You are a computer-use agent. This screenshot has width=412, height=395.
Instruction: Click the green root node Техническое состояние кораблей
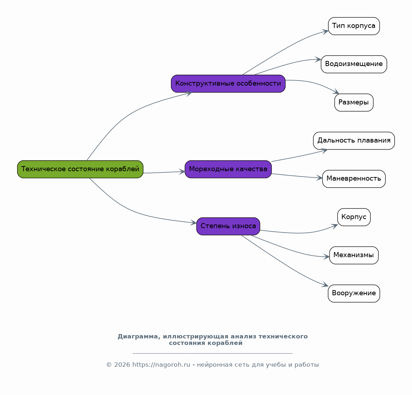80,169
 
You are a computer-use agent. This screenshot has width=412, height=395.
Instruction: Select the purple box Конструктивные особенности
228,83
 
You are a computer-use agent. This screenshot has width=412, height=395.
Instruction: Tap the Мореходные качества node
228,169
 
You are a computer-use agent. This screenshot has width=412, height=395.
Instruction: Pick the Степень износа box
228,226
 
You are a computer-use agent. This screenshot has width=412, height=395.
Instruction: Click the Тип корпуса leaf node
354,26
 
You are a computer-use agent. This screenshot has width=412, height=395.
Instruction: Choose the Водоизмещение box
354,64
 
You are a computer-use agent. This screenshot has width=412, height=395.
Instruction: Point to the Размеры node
354,103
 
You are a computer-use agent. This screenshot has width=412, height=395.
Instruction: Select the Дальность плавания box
354,141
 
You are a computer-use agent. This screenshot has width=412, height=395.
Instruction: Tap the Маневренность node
354,179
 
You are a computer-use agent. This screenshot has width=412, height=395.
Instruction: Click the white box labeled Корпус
354,217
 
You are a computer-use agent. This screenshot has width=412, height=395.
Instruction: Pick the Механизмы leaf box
354,255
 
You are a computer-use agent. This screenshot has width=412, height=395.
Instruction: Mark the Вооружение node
354,293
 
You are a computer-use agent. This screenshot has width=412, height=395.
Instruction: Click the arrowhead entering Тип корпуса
326,32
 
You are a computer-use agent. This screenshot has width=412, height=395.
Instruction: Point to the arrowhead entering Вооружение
326,285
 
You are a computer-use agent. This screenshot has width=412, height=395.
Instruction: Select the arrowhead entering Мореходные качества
182,172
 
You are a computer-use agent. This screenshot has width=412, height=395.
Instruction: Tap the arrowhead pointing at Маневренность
320,178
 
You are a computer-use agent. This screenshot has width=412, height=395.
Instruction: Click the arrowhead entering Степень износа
194,223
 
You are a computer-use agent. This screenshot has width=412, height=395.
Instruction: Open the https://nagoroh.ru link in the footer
161,365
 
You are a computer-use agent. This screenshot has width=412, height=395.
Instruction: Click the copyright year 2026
122,365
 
